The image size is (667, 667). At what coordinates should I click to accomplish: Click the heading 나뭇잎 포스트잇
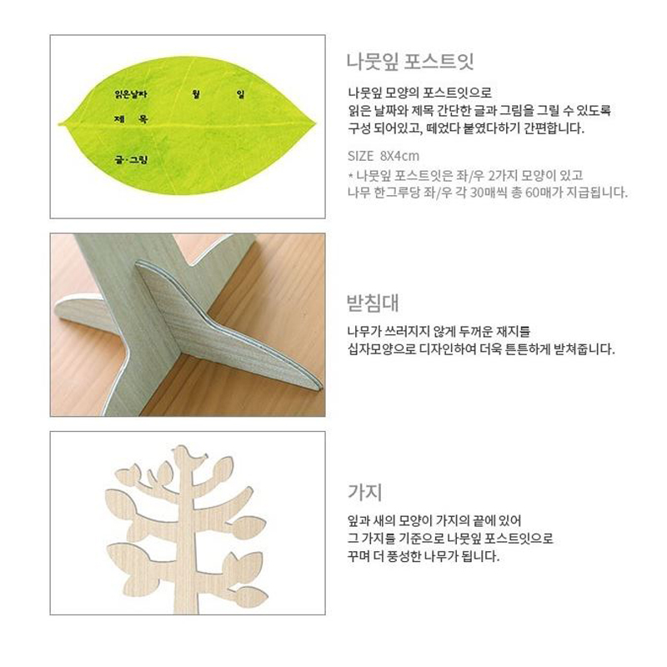[x=410, y=62]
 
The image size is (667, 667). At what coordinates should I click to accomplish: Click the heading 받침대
[x=373, y=303]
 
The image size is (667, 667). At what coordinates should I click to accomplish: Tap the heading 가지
[x=365, y=492]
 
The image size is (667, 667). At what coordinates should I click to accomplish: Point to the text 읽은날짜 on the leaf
[x=131, y=94]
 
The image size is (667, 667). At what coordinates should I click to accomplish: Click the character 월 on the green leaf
[x=196, y=94]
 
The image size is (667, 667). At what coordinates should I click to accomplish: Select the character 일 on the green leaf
[x=241, y=94]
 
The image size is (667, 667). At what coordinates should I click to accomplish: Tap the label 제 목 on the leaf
[x=131, y=119]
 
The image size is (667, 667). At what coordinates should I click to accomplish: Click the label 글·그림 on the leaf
[x=131, y=160]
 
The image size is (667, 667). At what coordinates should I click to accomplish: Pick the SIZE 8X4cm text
[x=384, y=156]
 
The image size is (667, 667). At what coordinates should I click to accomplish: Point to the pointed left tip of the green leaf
[x=59, y=123]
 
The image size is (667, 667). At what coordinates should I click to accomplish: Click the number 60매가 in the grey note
[x=547, y=193]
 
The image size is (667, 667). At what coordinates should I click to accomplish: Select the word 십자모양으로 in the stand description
[x=382, y=349]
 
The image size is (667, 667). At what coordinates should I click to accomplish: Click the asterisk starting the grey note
[x=350, y=175]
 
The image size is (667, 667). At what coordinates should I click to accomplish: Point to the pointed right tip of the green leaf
[x=315, y=123]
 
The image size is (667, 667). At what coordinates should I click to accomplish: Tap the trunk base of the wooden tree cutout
[x=186, y=606]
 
